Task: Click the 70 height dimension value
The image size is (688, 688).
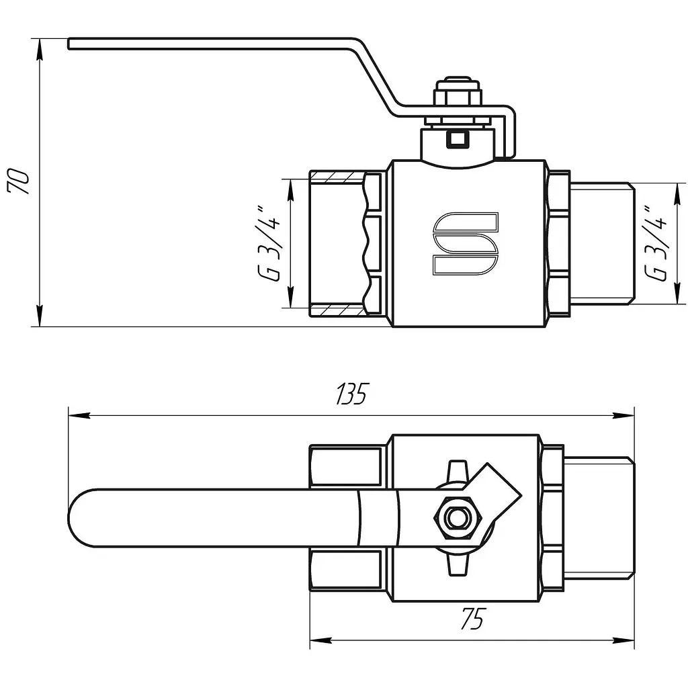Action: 18,180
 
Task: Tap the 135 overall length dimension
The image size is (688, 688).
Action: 351,394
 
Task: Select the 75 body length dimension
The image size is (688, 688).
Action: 472,619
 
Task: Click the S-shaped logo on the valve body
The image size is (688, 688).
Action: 466,244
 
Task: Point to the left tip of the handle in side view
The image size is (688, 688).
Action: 69,44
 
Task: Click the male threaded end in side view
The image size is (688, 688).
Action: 602,243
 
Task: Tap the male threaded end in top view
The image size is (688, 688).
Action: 599,518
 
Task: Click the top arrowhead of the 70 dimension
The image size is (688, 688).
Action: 40,48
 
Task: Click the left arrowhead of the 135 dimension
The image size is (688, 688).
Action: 79,415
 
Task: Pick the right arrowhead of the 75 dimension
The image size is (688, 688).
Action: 623,640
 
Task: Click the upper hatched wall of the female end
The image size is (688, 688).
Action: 337,177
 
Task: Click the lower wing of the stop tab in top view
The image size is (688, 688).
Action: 458,563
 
